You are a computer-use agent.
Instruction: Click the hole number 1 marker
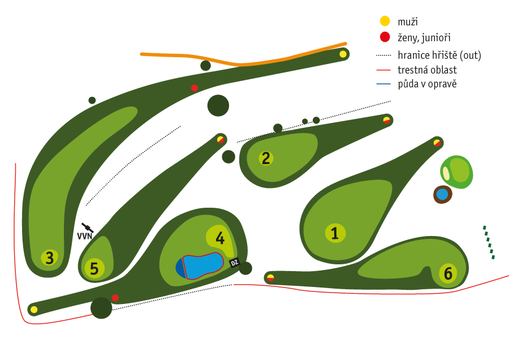tap(335, 233)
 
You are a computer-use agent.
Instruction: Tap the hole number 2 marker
tap(265, 158)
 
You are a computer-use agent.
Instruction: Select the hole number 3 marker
tap(50, 258)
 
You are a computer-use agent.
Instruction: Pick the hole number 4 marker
tap(219, 237)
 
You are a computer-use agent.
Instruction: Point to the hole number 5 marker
tap(94, 269)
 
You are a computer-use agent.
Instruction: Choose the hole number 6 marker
tap(448, 274)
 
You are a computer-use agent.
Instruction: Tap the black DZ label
tap(235, 263)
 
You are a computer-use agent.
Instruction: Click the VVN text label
tap(84, 236)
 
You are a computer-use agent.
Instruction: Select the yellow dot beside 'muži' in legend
tap(385, 21)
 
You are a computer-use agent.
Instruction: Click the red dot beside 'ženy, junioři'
tap(385, 37)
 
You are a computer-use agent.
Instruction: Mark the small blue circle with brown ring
tap(442, 195)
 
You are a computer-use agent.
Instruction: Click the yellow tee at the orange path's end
tap(343, 54)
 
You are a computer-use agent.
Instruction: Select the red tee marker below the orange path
tap(195, 88)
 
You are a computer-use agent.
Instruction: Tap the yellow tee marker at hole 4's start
tap(34, 309)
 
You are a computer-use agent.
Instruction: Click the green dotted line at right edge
tap(489, 243)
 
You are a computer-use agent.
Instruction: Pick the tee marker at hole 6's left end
tap(270, 277)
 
